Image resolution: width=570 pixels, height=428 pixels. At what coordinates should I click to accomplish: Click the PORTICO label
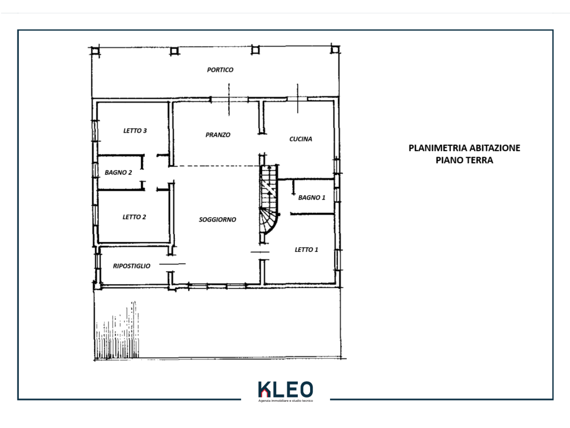(x=220, y=70)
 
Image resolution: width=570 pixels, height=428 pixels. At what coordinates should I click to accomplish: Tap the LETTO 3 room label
(x=135, y=130)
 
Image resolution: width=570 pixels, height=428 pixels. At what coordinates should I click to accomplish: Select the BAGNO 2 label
(x=118, y=173)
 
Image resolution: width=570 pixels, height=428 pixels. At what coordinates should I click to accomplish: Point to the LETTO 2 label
(x=134, y=217)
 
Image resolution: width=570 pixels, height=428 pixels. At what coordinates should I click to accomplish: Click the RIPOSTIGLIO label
(x=131, y=266)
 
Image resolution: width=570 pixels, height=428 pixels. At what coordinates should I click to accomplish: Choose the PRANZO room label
(x=218, y=135)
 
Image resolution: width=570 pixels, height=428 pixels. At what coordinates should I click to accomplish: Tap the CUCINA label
(x=301, y=139)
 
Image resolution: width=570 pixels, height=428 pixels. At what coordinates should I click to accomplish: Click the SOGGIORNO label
(x=218, y=220)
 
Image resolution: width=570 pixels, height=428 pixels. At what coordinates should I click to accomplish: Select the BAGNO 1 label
(x=312, y=198)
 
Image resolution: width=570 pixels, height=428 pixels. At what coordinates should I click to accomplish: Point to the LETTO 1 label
(x=306, y=250)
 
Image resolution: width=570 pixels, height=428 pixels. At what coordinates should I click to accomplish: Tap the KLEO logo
(x=286, y=390)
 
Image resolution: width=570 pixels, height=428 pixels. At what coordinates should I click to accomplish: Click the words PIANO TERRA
(x=464, y=160)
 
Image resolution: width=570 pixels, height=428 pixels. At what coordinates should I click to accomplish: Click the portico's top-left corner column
(x=95, y=50)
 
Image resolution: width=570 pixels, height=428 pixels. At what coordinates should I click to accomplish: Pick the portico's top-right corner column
(x=335, y=49)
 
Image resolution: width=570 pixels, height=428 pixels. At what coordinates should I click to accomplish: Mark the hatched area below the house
(x=117, y=330)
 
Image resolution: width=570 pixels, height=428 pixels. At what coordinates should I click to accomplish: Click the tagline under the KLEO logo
(x=286, y=401)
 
